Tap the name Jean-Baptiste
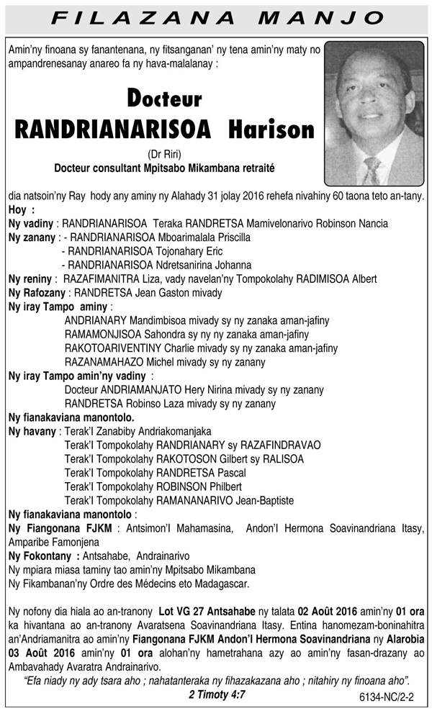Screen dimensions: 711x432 pyautogui.click(x=262, y=500)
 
